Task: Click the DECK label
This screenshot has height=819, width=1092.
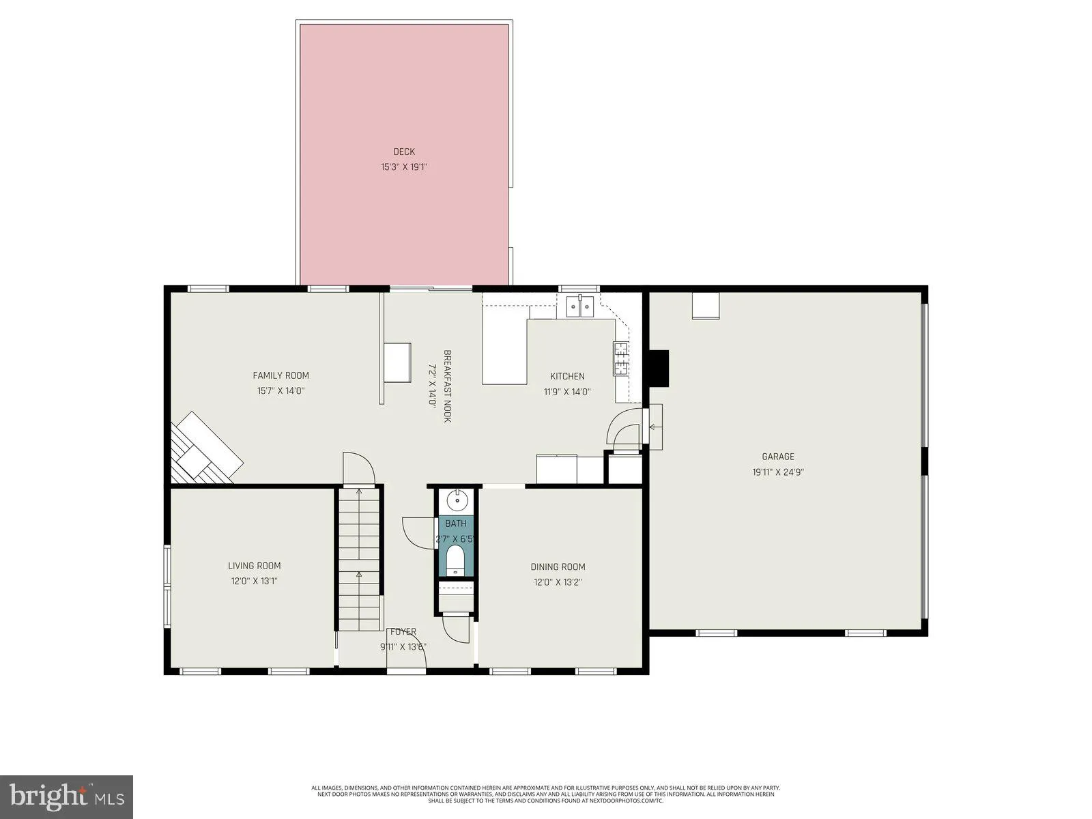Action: click(404, 152)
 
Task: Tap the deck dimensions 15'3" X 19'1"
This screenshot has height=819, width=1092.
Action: click(404, 167)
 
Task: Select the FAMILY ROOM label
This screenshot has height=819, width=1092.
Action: click(281, 375)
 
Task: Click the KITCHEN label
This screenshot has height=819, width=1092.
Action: click(567, 376)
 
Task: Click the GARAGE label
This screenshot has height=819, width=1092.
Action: click(778, 457)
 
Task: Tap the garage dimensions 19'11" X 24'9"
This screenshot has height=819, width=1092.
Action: click(778, 472)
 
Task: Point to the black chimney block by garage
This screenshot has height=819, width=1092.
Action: click(659, 369)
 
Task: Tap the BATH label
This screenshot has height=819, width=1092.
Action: click(456, 523)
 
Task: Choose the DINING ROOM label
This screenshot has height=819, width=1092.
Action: click(558, 566)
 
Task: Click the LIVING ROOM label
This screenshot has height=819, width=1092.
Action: click(254, 566)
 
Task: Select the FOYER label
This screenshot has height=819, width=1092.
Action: click(402, 632)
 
